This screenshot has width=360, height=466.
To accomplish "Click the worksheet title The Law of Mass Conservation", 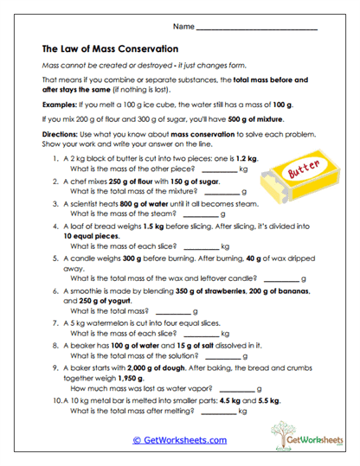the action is [110, 49].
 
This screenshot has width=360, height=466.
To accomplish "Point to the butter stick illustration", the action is [299, 178].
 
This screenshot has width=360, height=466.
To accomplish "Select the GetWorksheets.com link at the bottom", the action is [179, 440].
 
